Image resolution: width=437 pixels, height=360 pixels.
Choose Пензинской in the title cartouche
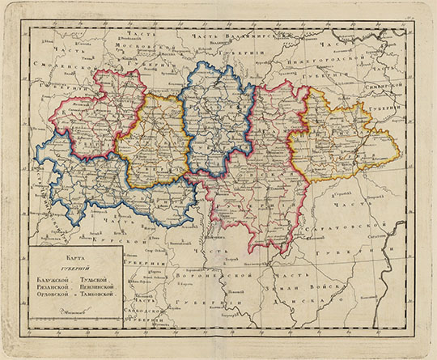pos(103,288)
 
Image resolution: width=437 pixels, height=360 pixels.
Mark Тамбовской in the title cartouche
pos(103,297)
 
